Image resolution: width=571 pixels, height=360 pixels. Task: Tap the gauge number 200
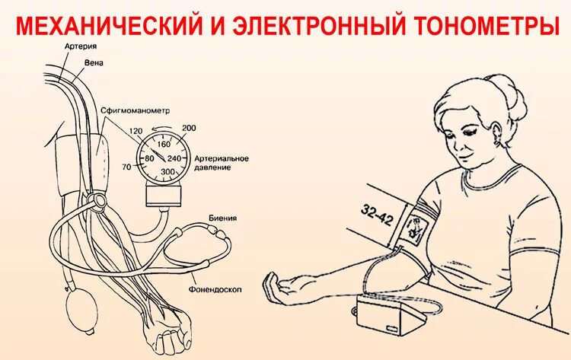click(190, 128)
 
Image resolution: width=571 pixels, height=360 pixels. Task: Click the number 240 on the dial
click(174, 158)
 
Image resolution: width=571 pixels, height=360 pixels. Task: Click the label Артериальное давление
click(222, 162)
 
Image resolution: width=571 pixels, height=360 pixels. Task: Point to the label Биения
click(222, 218)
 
